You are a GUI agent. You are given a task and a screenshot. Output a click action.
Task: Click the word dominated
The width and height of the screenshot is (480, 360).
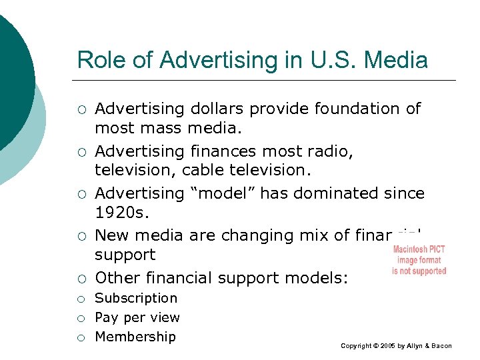(331, 193)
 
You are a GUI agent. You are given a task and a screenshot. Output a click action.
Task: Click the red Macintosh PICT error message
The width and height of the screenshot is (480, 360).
(419, 260)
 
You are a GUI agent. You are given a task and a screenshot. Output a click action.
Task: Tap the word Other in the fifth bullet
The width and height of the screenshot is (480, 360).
(117, 277)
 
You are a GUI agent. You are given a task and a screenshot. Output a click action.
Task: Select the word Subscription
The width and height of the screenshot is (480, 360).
(136, 298)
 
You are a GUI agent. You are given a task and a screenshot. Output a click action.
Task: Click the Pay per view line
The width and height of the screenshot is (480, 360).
(137, 317)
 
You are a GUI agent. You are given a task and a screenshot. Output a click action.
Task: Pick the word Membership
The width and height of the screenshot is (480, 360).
(135, 337)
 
